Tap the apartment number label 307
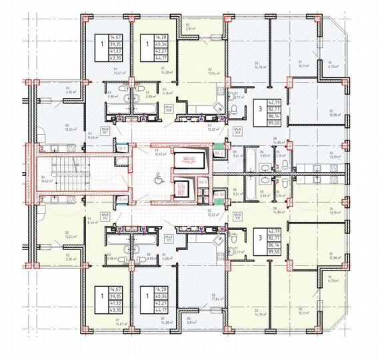[x=105, y=131]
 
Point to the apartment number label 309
[x=237, y=130]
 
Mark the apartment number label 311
[x=169, y=239]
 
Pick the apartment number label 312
[x=105, y=215]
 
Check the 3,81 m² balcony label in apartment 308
[x=189, y=29]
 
